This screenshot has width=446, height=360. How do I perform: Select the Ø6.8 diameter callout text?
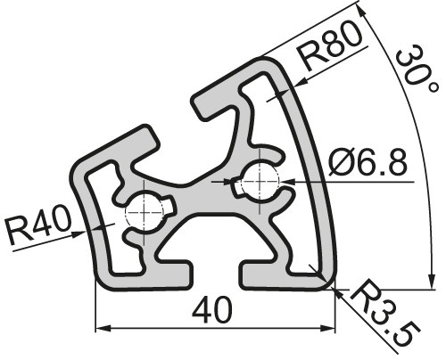click(368, 162)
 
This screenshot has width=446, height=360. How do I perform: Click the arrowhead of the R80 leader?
click(293, 84)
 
